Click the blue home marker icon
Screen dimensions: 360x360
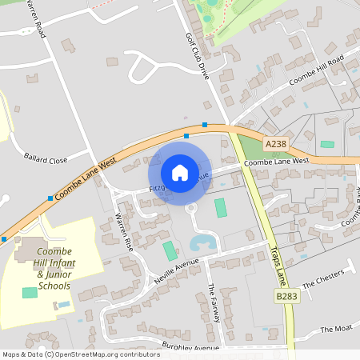[x=180, y=173]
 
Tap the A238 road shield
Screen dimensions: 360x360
[x=275, y=143]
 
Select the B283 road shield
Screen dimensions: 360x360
[x=286, y=297]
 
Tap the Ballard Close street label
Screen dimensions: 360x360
[x=46, y=159]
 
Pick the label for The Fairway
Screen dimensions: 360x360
[x=212, y=305]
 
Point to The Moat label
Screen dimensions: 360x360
[x=335, y=329]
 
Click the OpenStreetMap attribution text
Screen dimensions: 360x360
[x=81, y=354]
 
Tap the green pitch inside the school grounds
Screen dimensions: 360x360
[x=30, y=293]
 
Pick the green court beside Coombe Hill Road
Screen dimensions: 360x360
[x=327, y=144]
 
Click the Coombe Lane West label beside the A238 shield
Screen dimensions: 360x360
[x=276, y=161]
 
